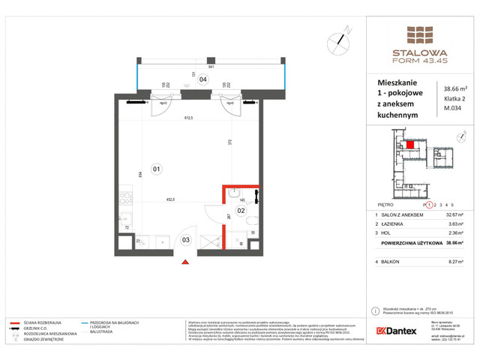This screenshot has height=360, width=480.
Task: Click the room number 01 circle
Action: coord(156,168)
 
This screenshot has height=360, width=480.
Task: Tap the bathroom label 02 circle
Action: coord(241,211)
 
